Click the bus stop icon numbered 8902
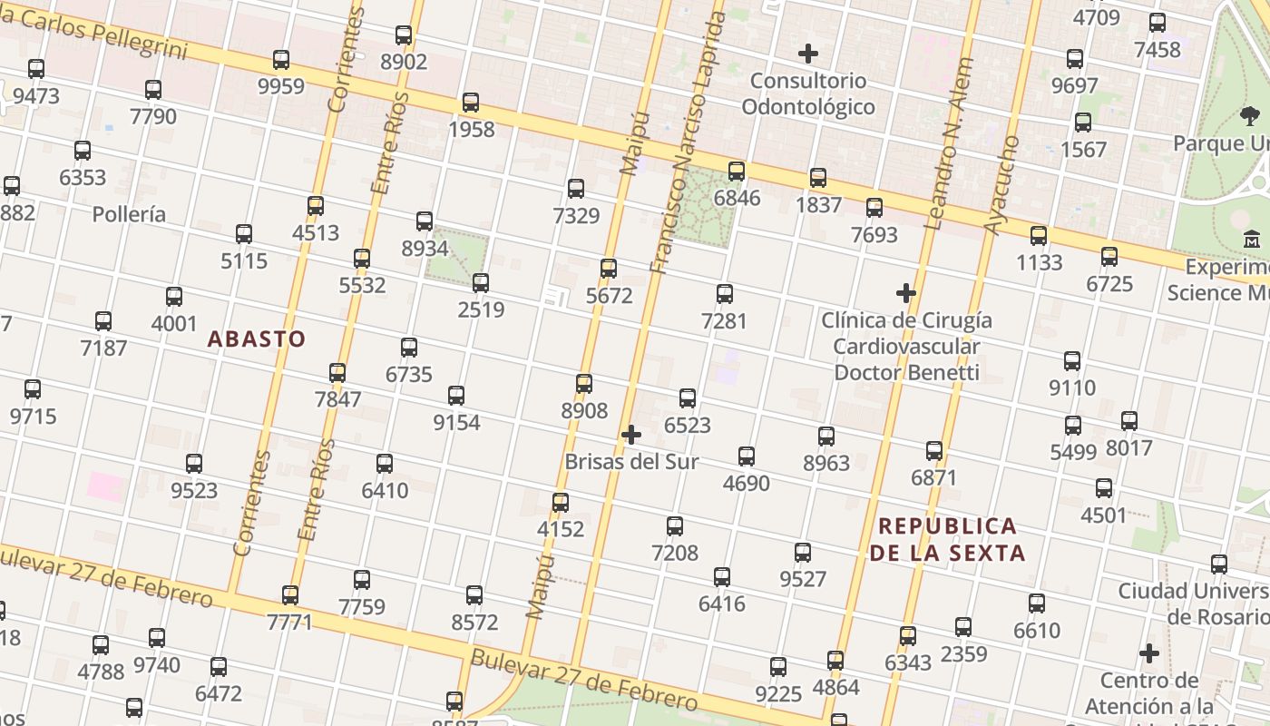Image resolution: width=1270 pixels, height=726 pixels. pyautogui.click(x=404, y=35)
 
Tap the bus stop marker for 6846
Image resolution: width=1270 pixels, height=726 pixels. pyautogui.click(x=737, y=171)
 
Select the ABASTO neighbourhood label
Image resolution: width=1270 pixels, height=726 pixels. pyautogui.click(x=257, y=339)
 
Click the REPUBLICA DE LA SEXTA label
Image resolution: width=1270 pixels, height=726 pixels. pyautogui.click(x=948, y=539)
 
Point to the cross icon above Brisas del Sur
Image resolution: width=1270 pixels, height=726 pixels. pyautogui.click(x=631, y=435)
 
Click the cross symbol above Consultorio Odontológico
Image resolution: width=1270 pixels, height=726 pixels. pyautogui.click(x=807, y=54)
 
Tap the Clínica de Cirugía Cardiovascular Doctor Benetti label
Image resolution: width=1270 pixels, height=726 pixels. pyautogui.click(x=906, y=346)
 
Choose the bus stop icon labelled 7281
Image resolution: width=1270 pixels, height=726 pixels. pyautogui.click(x=724, y=293)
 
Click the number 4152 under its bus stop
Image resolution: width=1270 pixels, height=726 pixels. pyautogui.click(x=561, y=528)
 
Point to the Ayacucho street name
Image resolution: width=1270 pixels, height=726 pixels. pyautogui.click(x=1002, y=185)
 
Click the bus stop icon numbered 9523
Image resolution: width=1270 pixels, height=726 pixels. pyautogui.click(x=194, y=463)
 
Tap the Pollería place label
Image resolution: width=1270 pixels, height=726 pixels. pyautogui.click(x=130, y=214)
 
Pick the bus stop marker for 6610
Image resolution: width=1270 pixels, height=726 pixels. pyautogui.click(x=1037, y=603)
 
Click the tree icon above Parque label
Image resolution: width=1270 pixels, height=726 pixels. pyautogui.click(x=1250, y=116)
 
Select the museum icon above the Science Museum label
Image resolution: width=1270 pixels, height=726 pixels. pyautogui.click(x=1252, y=240)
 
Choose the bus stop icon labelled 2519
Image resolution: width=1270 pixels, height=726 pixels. pyautogui.click(x=481, y=282)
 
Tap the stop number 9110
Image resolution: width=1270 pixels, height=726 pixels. pyautogui.click(x=1072, y=388)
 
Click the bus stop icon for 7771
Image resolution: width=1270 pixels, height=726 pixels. pyautogui.click(x=290, y=594)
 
